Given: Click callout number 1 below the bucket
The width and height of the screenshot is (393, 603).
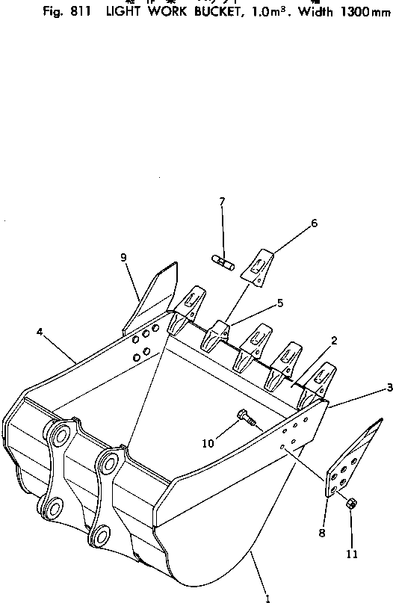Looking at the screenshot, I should click(267, 597).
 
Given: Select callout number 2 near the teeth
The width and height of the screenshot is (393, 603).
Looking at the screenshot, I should click(334, 341).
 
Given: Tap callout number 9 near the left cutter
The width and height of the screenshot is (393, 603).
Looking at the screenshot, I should click(124, 258).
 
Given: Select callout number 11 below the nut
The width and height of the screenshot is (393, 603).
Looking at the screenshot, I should click(352, 554).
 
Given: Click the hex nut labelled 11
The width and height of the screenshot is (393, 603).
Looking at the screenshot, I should click(351, 504).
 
